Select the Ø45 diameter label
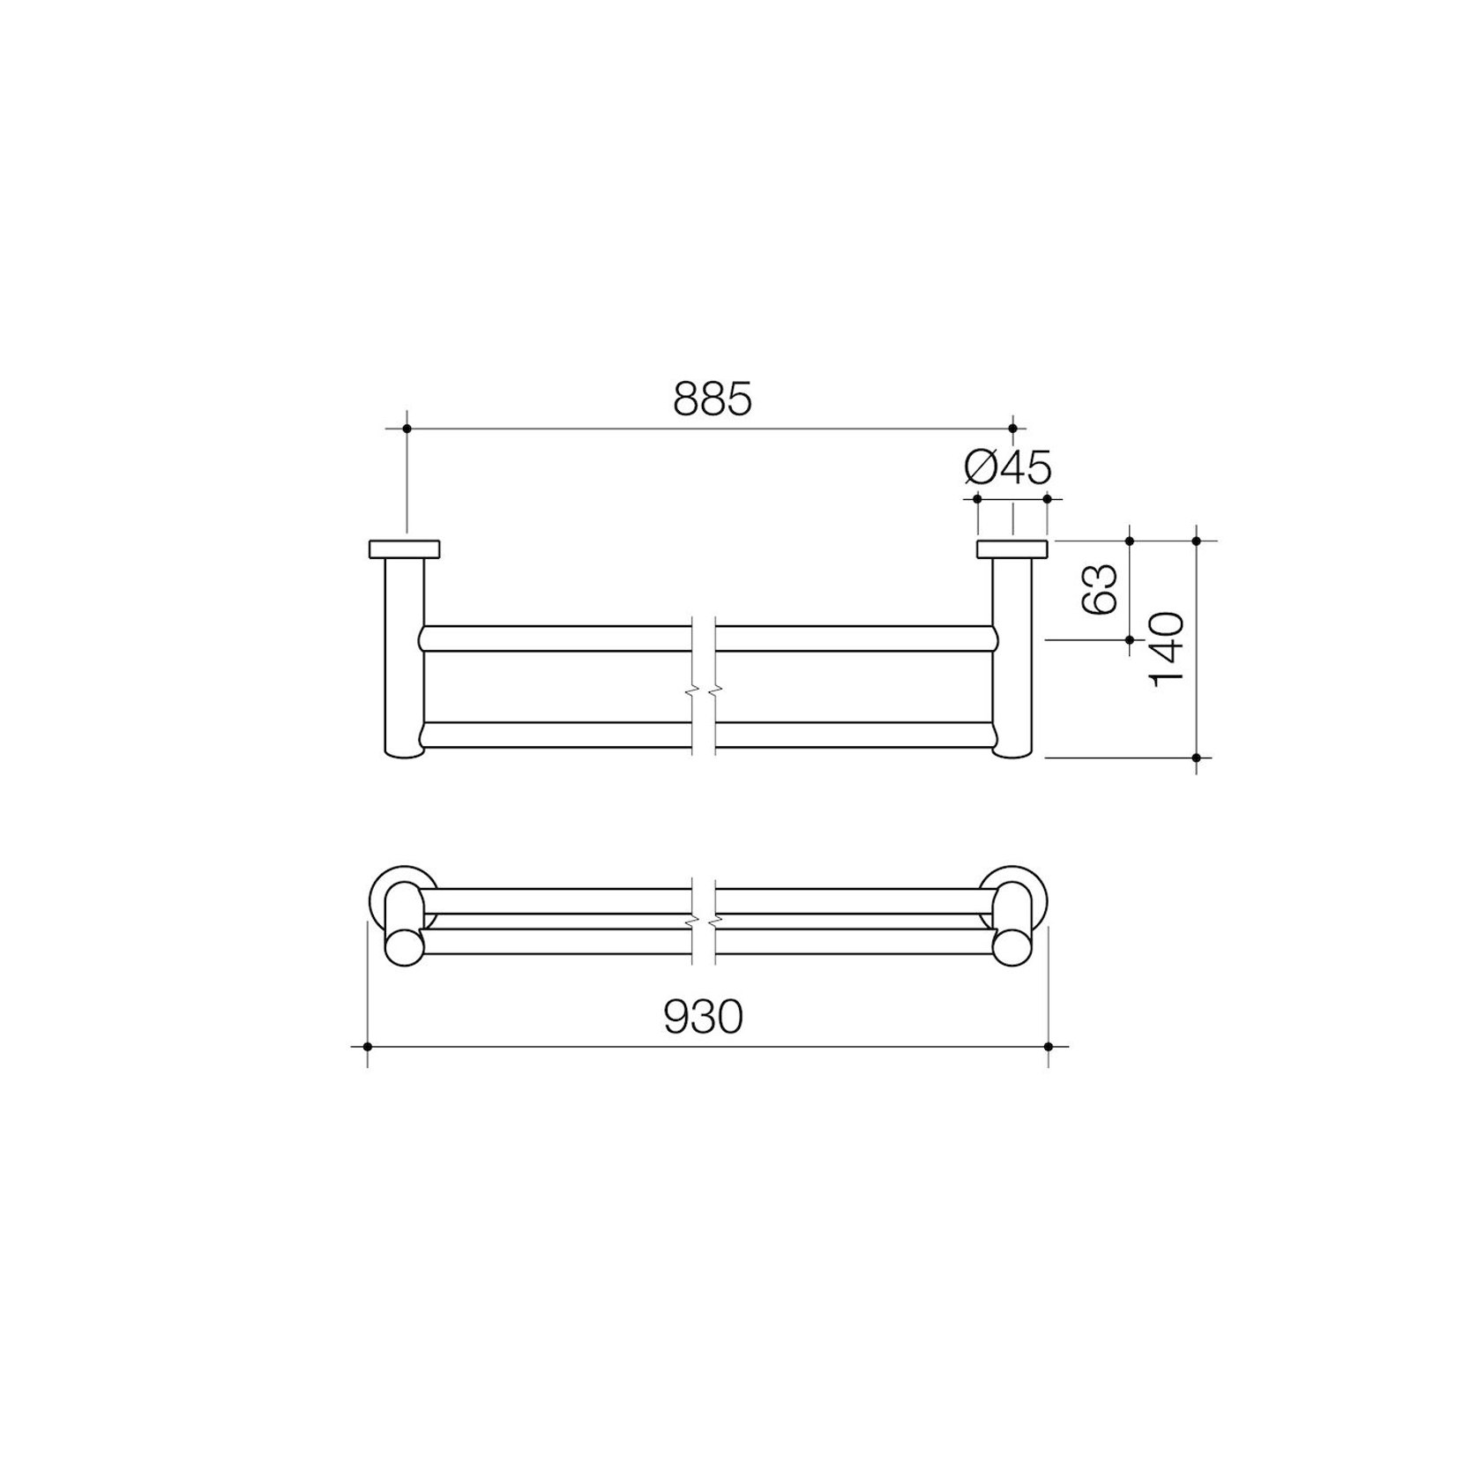click(1008, 467)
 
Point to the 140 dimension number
click(1167, 649)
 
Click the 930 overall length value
click(703, 1018)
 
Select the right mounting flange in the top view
click(1012, 549)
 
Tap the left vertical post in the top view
click(405, 658)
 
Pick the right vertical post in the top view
click(1012, 658)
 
